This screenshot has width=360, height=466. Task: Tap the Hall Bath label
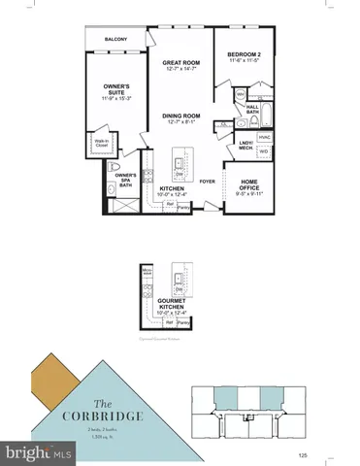pyautogui.click(x=252, y=111)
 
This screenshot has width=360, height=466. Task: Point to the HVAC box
pyautogui.click(x=263, y=137)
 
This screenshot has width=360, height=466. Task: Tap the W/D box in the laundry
pyautogui.click(x=263, y=151)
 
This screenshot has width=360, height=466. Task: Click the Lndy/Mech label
pyautogui.click(x=245, y=146)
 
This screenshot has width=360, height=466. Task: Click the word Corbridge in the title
pyautogui.click(x=122, y=415)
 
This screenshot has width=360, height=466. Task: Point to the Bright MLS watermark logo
pyautogui.click(x=39, y=452)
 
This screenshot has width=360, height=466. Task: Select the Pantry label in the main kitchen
pyautogui.click(x=183, y=203)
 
